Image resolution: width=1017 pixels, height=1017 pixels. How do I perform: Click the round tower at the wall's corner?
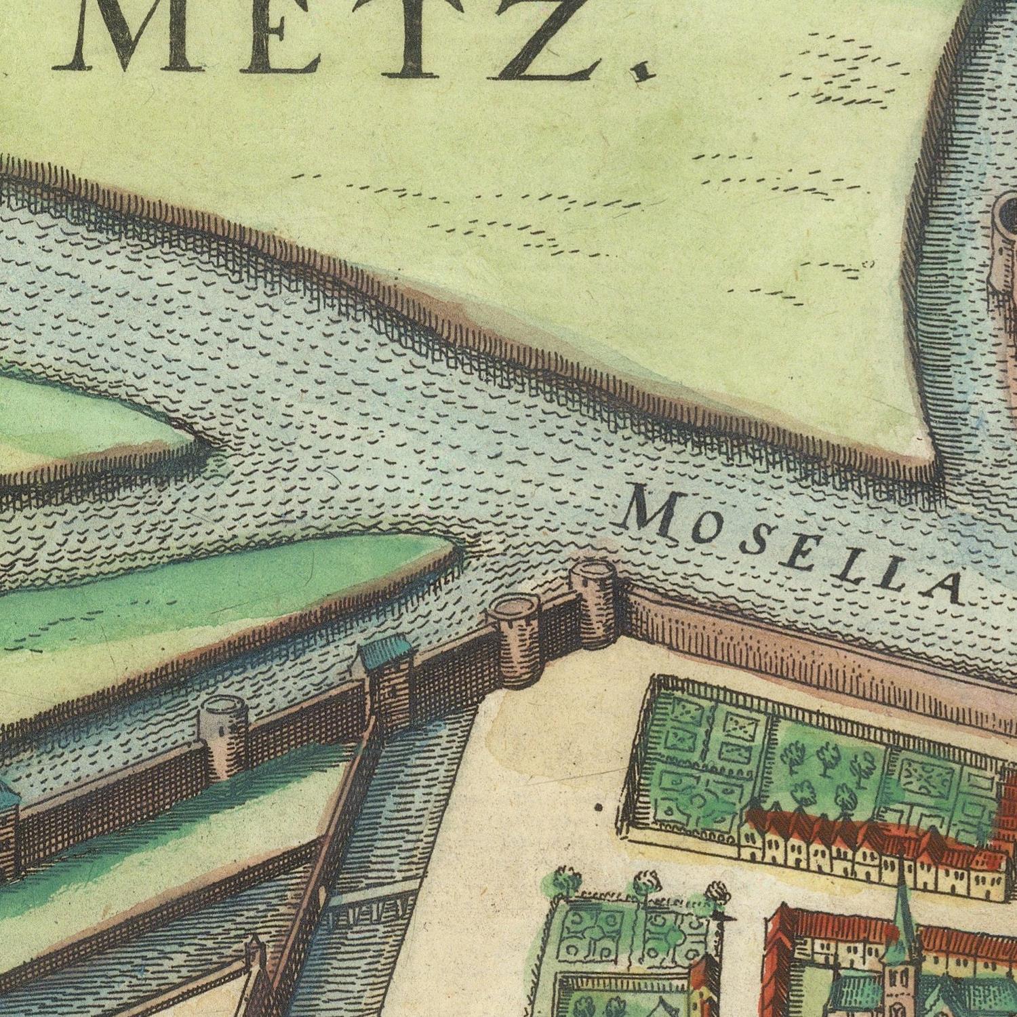(593, 600)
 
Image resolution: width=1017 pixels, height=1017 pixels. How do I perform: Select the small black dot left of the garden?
(598, 807)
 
